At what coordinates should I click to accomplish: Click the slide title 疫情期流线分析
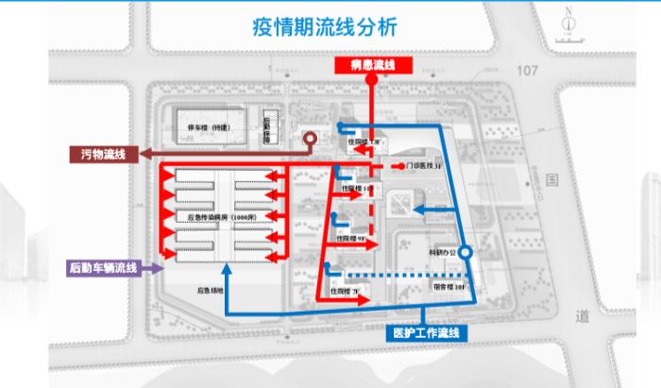(331, 25)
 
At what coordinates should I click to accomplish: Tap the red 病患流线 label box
(370, 64)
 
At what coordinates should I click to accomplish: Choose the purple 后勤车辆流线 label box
(103, 268)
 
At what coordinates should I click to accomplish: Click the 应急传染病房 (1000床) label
(218, 217)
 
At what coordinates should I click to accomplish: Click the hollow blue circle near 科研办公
(464, 253)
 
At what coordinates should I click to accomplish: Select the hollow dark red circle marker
(309, 138)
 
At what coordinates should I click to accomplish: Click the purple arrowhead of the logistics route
(146, 268)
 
